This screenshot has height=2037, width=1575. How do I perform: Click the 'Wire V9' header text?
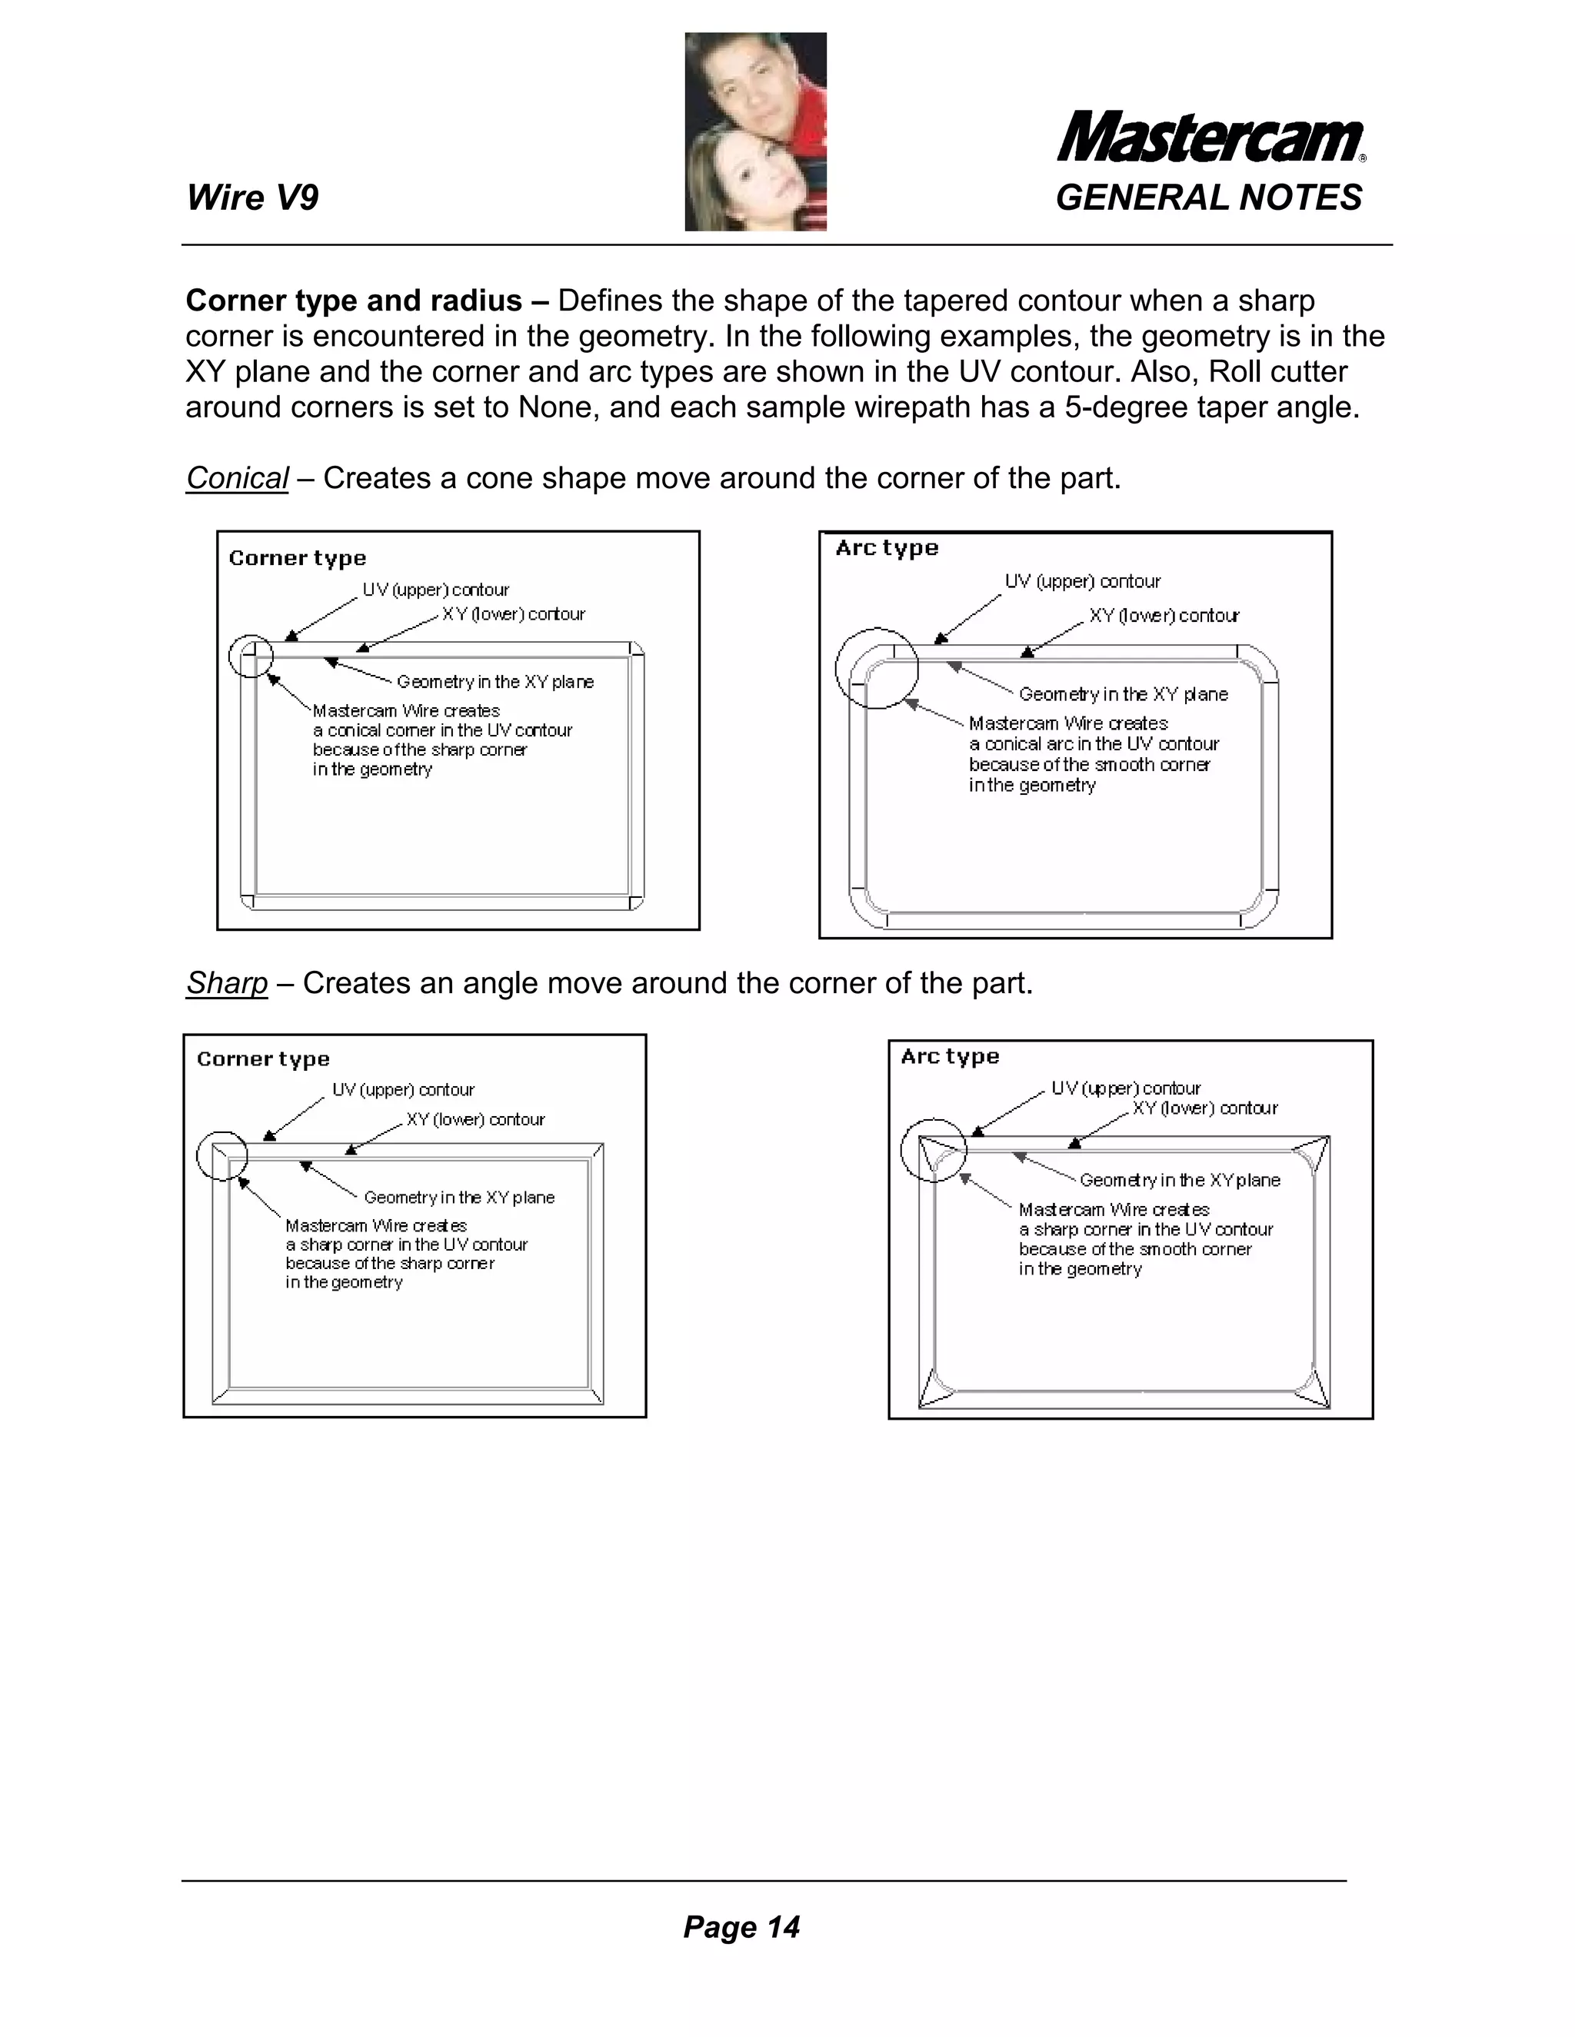[252, 198]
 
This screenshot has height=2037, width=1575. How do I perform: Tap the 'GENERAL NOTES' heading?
[1208, 198]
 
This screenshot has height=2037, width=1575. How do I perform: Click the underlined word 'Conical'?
[237, 478]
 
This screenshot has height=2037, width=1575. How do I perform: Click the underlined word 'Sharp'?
[227, 983]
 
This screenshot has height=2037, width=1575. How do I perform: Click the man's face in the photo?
[753, 93]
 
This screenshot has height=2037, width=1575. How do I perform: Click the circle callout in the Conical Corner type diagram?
[250, 656]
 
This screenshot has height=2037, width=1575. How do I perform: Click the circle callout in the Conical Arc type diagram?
[876, 668]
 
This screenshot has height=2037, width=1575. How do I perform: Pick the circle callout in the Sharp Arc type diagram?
[933, 1151]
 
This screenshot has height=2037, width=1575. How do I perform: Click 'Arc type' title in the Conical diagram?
[887, 548]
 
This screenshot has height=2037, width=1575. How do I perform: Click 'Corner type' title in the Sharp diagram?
[263, 1059]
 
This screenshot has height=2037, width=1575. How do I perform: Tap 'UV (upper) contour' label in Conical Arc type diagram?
[1082, 582]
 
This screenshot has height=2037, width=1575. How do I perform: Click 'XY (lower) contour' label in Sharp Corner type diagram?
[475, 1119]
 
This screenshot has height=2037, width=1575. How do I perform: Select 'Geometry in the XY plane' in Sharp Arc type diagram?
[1180, 1180]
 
